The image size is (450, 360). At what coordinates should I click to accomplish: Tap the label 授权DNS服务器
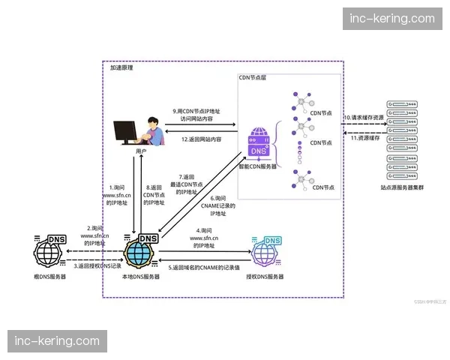coord(265,277)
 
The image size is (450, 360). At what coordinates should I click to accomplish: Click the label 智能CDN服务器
coord(259,169)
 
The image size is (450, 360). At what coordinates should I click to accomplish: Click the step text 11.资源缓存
coord(361,138)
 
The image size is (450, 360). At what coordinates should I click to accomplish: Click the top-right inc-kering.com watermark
coord(392,19)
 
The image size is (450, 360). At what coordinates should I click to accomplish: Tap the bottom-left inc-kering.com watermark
coord(57,341)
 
